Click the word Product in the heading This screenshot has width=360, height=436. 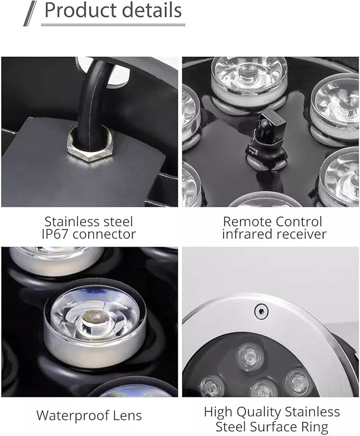click(x=78, y=11)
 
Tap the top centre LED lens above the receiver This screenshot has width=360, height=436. click(x=249, y=74)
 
